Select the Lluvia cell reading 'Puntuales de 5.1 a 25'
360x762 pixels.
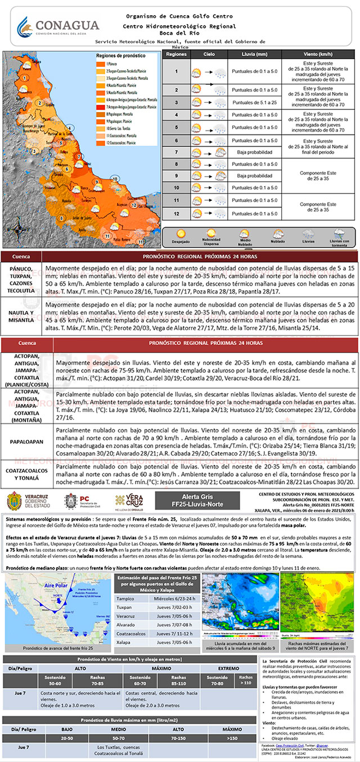tap(255, 102)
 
